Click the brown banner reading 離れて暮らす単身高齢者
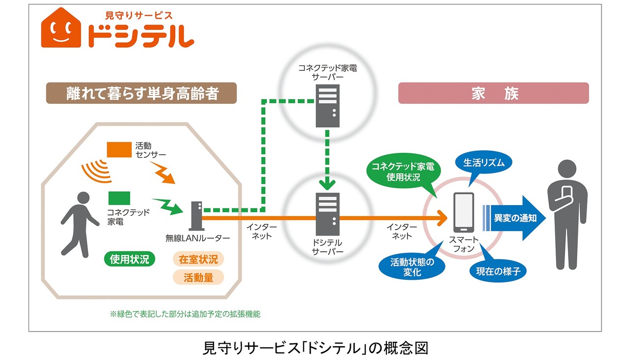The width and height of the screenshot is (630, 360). tap(142, 93)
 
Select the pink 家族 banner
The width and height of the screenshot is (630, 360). tap(493, 93)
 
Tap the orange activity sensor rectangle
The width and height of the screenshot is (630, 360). tap(120, 150)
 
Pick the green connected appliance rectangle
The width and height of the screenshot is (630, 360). tap(120, 198)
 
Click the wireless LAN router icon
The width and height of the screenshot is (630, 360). tap(195, 216)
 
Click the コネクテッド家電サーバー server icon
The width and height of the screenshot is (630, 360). tap(327, 106)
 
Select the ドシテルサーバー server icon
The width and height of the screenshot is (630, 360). tap(327, 214)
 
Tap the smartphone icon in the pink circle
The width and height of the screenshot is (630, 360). tap(464, 212)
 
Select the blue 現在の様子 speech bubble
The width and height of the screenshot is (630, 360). tap(498, 270)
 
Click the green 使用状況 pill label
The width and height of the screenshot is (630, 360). tap(129, 259)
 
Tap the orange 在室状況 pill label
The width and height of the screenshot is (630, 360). tap(198, 259)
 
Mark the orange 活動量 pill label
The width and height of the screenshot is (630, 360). tap(198, 277)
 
